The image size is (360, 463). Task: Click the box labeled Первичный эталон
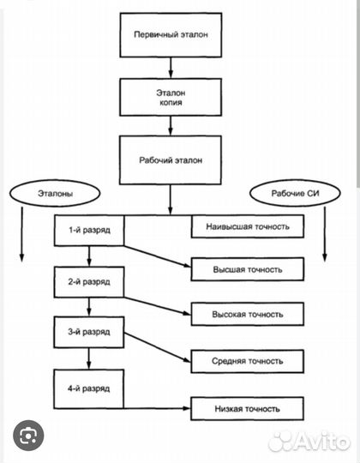[171, 35]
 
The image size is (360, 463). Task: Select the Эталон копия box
[171, 97]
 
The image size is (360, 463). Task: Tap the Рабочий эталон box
[171, 160]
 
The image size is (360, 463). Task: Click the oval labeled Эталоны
[55, 194]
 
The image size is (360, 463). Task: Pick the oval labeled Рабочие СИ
[295, 194]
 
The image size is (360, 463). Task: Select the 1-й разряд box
[89, 231]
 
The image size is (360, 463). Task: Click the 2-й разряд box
[89, 282]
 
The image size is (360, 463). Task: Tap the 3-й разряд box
[89, 332]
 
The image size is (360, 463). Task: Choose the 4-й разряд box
[88, 389]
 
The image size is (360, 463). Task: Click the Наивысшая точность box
[248, 226]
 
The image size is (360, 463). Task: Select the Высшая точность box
[248, 269]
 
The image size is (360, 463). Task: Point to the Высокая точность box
[248, 314]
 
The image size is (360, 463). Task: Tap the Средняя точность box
[248, 361]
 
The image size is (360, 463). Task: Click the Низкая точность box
[247, 409]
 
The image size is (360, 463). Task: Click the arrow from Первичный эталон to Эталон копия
[171, 68]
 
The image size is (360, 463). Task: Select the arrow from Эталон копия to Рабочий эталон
[171, 126]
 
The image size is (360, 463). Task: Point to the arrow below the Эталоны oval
[21, 234]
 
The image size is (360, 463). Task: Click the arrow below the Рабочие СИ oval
[325, 234]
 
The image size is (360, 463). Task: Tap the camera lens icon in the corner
[28, 436]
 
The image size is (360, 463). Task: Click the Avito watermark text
[309, 442]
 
